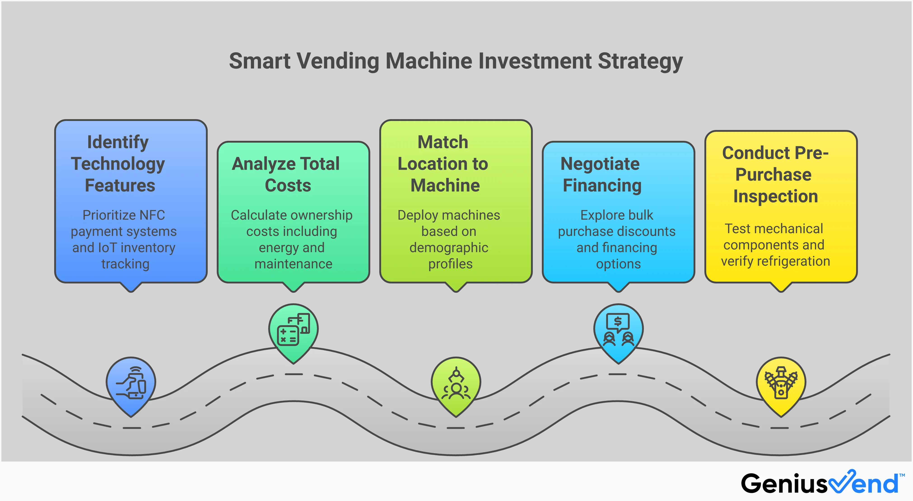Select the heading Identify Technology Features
[x=118, y=164]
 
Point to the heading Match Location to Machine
[x=443, y=164]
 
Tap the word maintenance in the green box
[x=293, y=264]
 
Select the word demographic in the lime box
[x=449, y=248]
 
